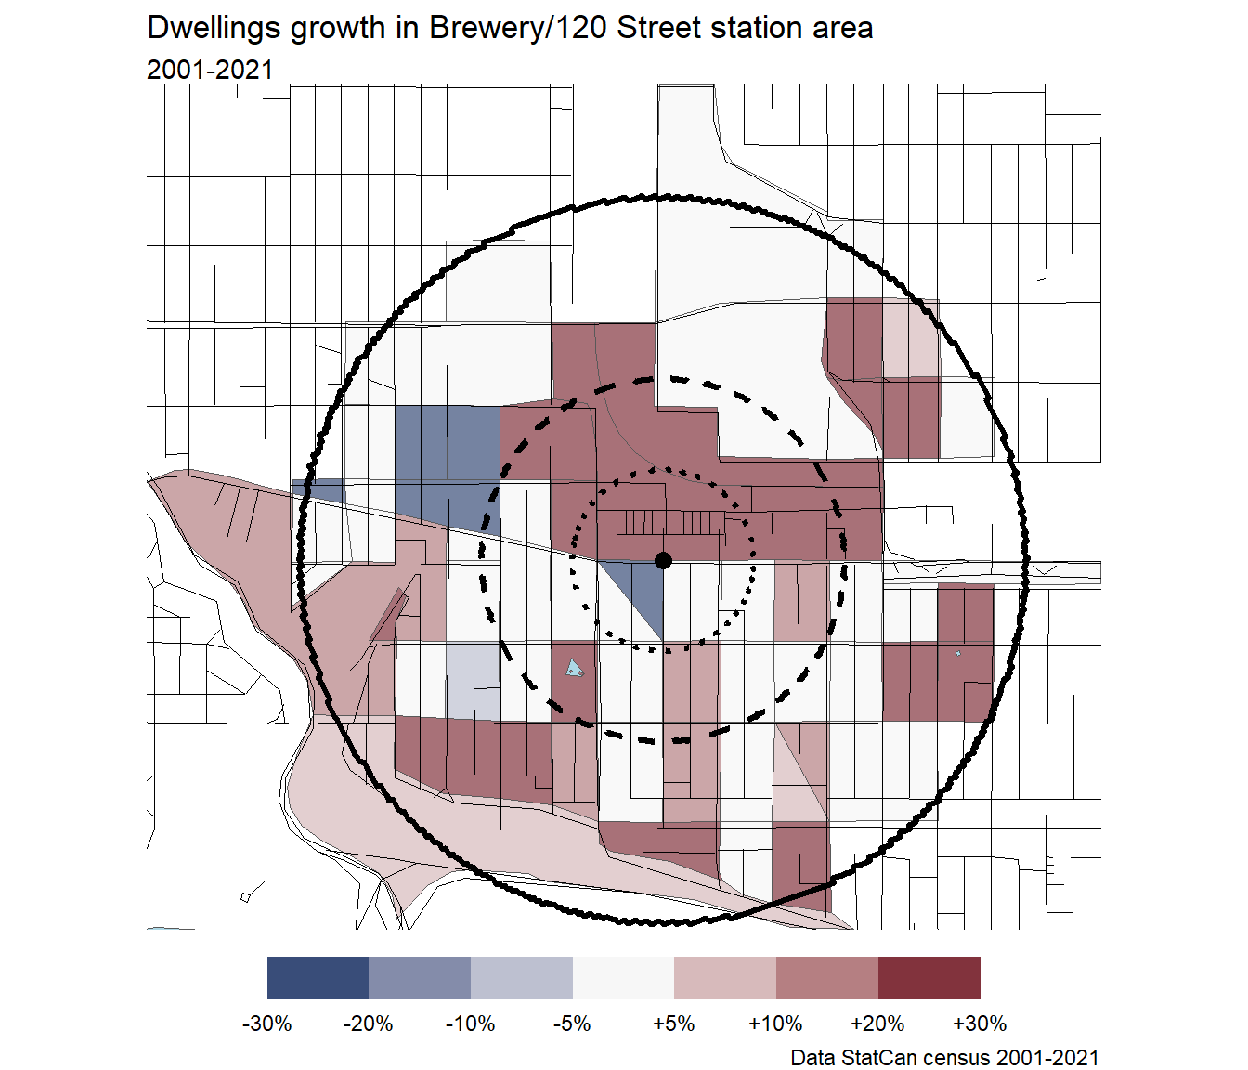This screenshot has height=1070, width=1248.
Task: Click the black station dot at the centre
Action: coord(663,560)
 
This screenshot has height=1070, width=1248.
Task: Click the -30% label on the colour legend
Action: coord(267,1024)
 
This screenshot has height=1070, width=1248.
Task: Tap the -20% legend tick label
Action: coord(369,1024)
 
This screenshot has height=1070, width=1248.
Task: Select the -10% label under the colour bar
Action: coord(471,1024)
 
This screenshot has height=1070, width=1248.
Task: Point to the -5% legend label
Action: coord(572,1024)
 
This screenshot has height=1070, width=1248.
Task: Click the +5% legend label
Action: coord(674,1024)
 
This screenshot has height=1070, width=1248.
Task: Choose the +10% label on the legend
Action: coord(775,1024)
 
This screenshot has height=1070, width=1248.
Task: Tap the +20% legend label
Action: coord(877,1024)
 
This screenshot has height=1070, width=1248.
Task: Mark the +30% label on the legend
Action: coord(980,1024)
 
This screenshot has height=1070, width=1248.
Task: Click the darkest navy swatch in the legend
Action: coord(318,978)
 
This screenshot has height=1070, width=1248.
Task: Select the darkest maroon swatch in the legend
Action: coord(929,978)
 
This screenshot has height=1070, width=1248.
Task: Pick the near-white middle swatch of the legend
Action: coord(623,978)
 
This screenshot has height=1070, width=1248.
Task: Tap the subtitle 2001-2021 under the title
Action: coord(210,70)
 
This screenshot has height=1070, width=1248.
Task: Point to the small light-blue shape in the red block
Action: coord(576,667)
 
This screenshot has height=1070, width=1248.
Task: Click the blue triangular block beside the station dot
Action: coord(641,594)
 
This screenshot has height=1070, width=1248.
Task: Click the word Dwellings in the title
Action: coord(214,28)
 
